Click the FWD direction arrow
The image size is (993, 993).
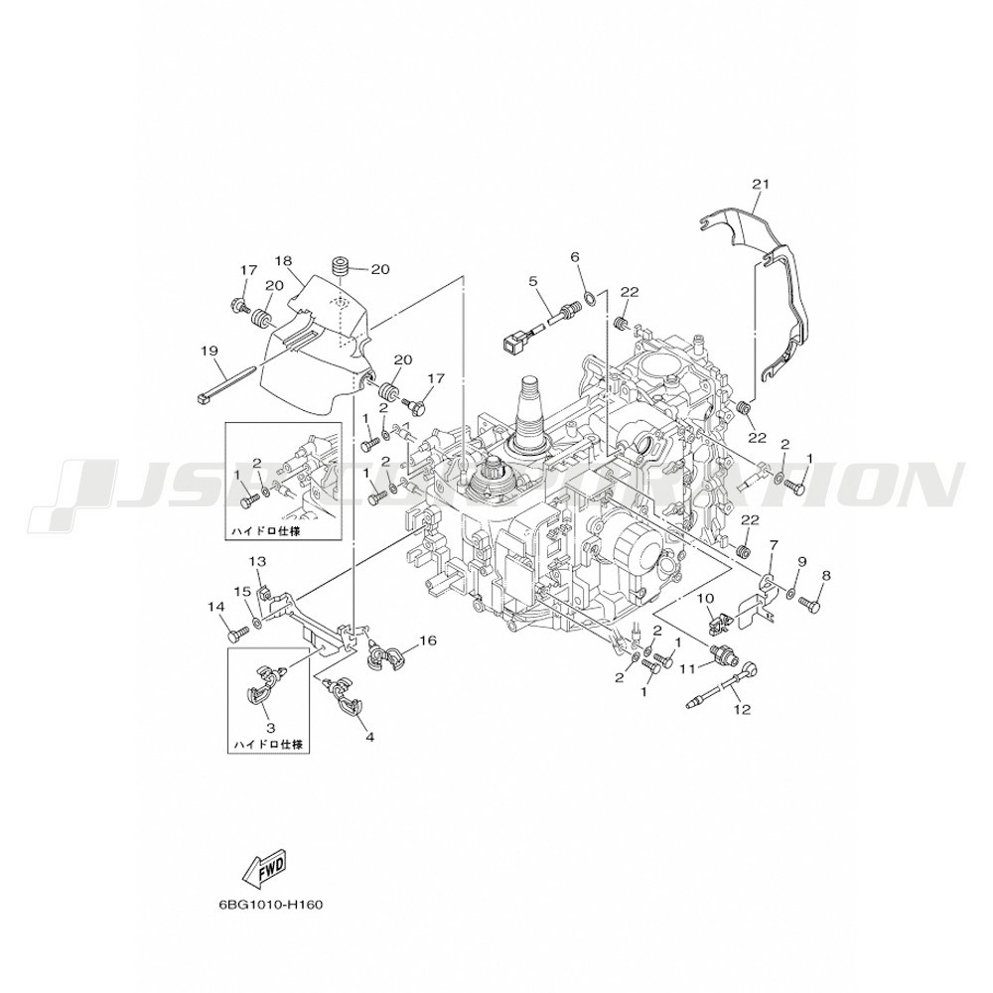(265, 868)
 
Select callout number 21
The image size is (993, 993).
(761, 185)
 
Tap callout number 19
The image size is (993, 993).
(210, 351)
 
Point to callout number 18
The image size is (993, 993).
(285, 261)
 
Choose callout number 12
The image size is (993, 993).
(742, 710)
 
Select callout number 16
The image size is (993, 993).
(428, 640)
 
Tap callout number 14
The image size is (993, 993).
(216, 607)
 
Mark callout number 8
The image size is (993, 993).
(825, 576)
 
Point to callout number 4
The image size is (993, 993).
(369, 737)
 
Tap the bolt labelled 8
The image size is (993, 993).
(810, 605)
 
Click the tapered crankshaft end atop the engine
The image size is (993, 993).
(531, 405)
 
